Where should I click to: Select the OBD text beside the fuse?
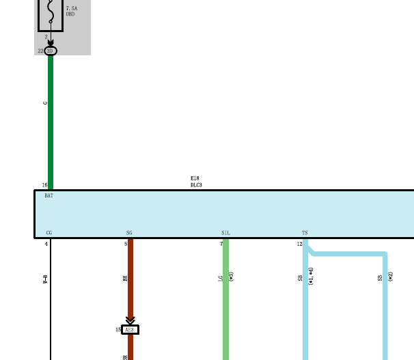(70, 14)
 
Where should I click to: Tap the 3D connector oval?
(50, 51)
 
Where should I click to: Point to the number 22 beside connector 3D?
(40, 51)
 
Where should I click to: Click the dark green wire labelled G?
(50, 123)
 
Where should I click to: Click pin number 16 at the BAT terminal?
(44, 185)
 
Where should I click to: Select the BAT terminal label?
(49, 196)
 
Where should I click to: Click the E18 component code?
(195, 178)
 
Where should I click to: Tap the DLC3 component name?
(196, 185)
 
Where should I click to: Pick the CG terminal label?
(49, 233)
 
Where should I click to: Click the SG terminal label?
(129, 233)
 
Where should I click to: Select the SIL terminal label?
(225, 233)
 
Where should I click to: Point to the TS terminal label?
(305, 233)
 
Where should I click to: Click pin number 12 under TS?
(299, 244)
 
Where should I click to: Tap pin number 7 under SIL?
(221, 244)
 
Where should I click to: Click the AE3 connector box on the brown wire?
(130, 329)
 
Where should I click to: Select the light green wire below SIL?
(225, 307)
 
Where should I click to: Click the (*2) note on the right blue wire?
(390, 277)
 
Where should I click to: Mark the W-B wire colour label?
(45, 278)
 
